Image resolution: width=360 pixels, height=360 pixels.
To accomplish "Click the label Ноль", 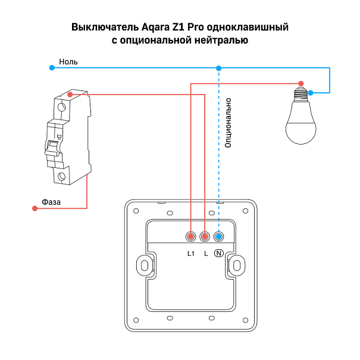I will pyautogui.click(x=68, y=61).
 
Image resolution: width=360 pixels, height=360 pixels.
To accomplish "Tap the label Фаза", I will pyautogui.click(x=52, y=202).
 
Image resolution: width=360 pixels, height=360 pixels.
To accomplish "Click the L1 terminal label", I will pyautogui.click(x=190, y=253).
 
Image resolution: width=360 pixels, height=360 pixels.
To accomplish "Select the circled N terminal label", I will pyautogui.click(x=218, y=253).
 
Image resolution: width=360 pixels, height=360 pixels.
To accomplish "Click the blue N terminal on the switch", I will pyautogui.click(x=218, y=237).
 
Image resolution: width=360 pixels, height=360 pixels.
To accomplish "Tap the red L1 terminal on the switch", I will pyautogui.click(x=190, y=237).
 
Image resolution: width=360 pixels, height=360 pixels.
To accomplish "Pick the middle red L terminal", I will pyautogui.click(x=205, y=237).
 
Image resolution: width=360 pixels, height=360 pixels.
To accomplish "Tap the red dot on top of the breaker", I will pyautogui.click(x=71, y=94).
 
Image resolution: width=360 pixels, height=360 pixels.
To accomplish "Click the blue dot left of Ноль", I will pyautogui.click(x=51, y=68).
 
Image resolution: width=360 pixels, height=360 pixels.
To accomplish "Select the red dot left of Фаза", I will pyautogui.click(x=34, y=208).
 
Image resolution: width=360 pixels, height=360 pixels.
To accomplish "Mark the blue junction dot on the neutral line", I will pyautogui.click(x=218, y=68).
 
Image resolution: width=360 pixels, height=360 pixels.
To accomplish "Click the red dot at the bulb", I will pyautogui.click(x=301, y=83).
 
